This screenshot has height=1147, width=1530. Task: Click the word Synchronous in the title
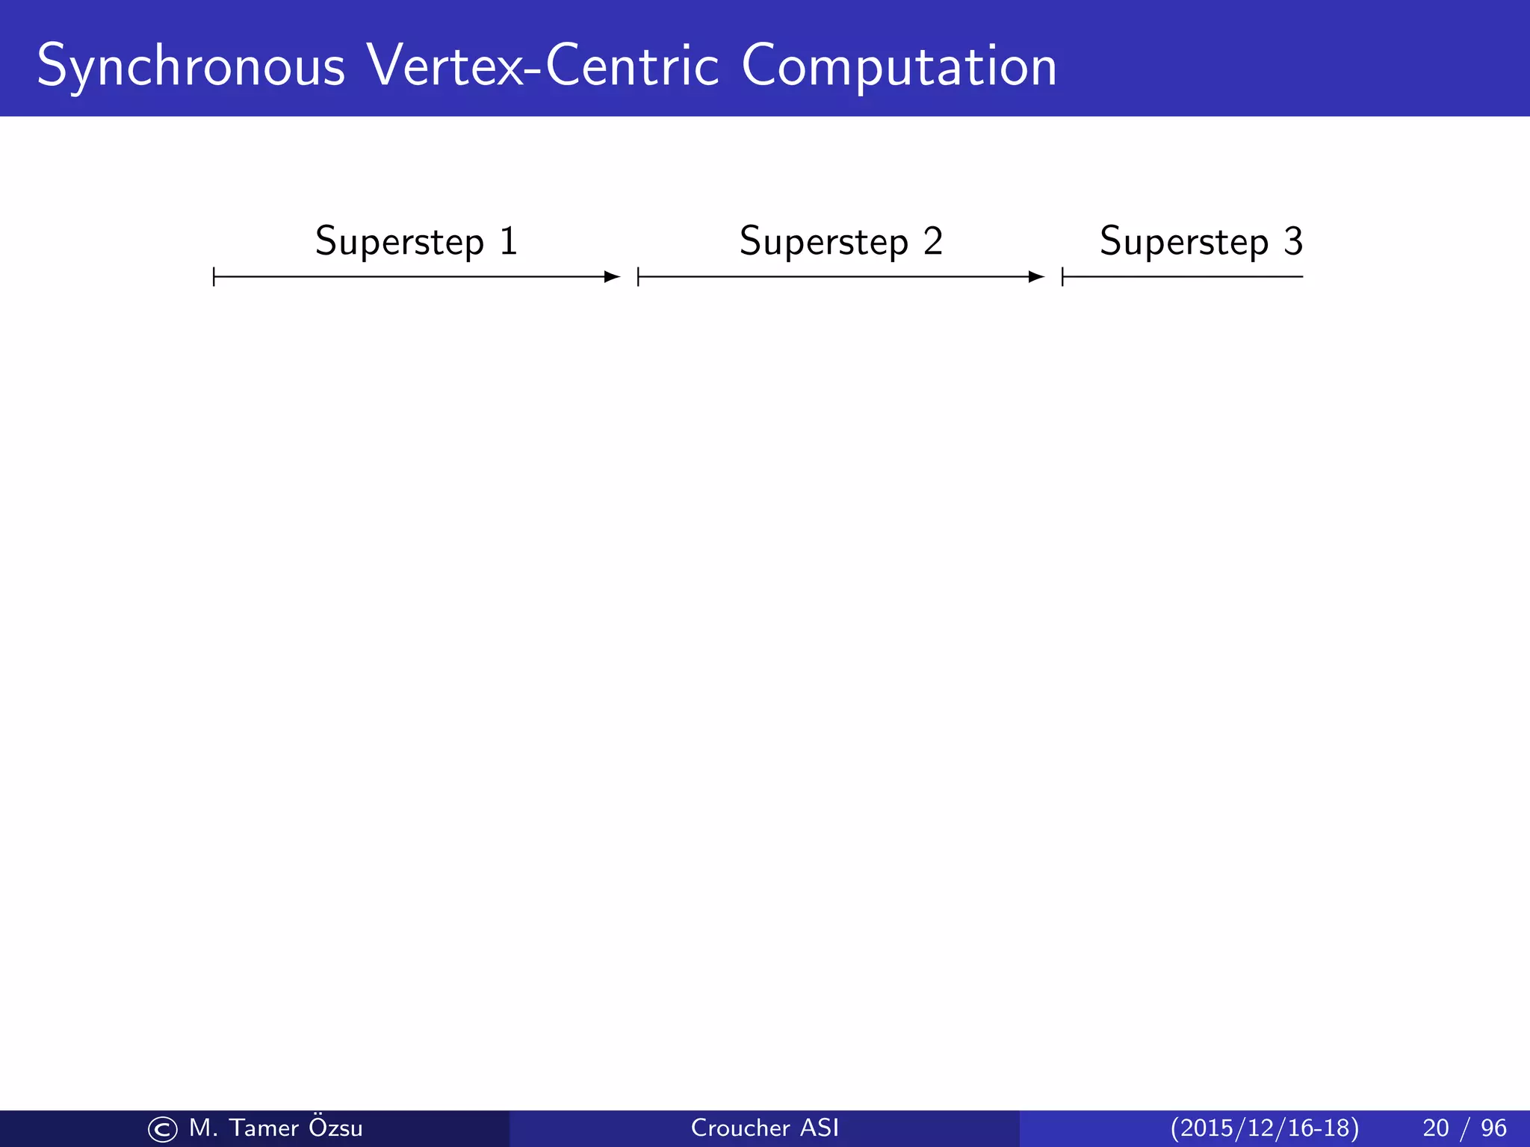pos(191,67)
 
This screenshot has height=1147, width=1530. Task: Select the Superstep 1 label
pos(416,242)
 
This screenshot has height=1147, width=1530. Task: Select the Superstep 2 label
pos(840,242)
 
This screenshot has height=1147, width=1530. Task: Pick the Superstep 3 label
pos(1201,242)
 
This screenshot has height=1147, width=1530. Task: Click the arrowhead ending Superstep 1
pos(613,277)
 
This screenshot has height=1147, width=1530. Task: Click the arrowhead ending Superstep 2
pos(1037,277)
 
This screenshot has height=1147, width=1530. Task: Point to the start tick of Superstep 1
pos(214,277)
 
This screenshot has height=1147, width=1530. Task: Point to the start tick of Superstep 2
pos(639,277)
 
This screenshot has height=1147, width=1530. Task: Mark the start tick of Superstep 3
pos(1062,277)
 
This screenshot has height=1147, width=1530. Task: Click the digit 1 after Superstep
pos(509,241)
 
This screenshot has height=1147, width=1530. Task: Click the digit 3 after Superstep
pos(1293,241)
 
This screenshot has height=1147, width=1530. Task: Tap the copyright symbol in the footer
pos(162,1129)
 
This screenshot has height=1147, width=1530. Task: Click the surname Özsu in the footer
pos(335,1127)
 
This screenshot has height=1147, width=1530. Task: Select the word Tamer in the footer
pos(264,1128)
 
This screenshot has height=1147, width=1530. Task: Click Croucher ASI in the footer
pos(764,1128)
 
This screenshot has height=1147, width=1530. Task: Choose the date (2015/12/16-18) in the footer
pos(1264,1128)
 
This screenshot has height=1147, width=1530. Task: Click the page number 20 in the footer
pos(1435,1128)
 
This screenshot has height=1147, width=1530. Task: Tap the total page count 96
pos(1493,1128)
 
